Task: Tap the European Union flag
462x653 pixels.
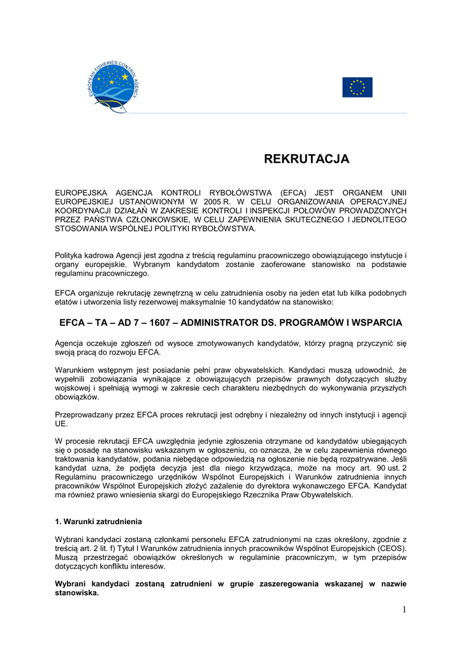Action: tap(357, 87)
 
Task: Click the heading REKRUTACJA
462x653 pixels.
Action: tap(307, 159)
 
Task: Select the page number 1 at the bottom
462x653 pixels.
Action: tap(404, 610)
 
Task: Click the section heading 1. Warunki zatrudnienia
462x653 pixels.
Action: tap(98, 522)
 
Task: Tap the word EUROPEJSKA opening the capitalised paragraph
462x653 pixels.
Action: tap(81, 193)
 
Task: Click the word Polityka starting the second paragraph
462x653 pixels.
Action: tap(70, 256)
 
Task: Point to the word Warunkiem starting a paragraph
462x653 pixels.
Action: tap(76, 369)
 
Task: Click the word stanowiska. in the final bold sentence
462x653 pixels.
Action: tap(76, 592)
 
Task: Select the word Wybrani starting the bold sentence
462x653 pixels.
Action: tap(71, 583)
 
